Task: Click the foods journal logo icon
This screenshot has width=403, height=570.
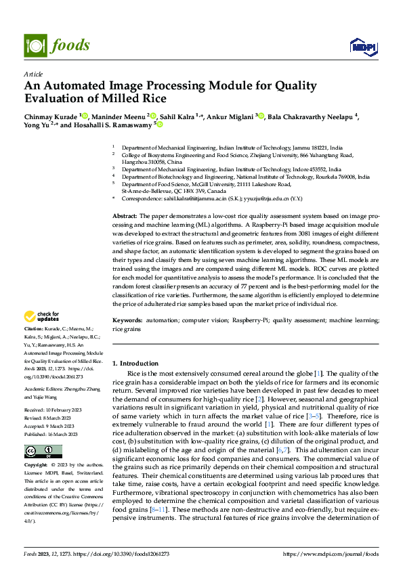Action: click(34, 45)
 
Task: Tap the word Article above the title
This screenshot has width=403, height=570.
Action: click(33, 74)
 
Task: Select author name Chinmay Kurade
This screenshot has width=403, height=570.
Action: click(51, 116)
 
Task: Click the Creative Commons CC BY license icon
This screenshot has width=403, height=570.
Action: click(43, 451)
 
